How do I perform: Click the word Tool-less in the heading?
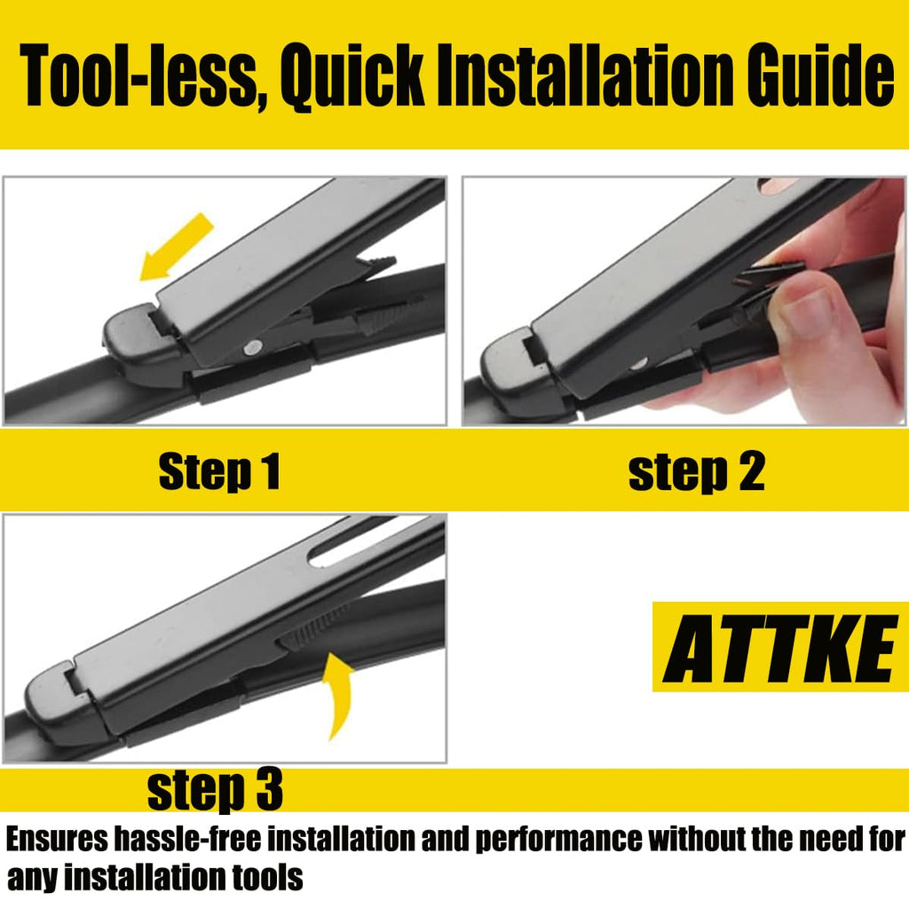(139, 76)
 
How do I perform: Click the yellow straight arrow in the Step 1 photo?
(177, 247)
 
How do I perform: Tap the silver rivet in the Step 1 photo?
(253, 348)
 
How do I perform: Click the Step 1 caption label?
(219, 472)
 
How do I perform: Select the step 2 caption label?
(696, 472)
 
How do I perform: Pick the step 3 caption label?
(215, 789)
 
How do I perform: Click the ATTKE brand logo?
(780, 647)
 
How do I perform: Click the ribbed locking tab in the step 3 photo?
(310, 634)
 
